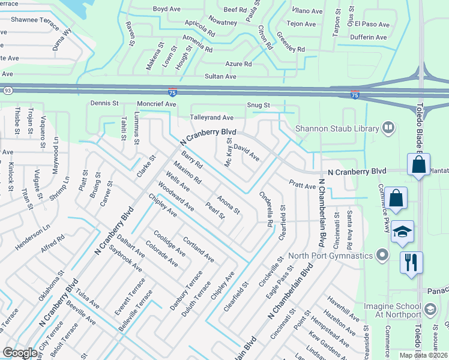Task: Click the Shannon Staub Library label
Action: click(337, 128)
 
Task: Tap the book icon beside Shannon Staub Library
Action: click(388, 128)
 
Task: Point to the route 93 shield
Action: click(7, 91)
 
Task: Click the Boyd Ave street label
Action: click(167, 9)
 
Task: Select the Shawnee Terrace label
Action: click(33, 19)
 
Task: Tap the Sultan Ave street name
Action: click(220, 76)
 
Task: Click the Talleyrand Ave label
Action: click(211, 118)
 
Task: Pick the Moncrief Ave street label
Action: click(156, 104)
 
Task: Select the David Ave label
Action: click(246, 152)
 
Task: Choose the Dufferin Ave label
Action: click(370, 37)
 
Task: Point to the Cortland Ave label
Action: click(199, 250)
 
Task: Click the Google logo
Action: click(20, 353)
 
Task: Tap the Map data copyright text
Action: click(424, 355)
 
